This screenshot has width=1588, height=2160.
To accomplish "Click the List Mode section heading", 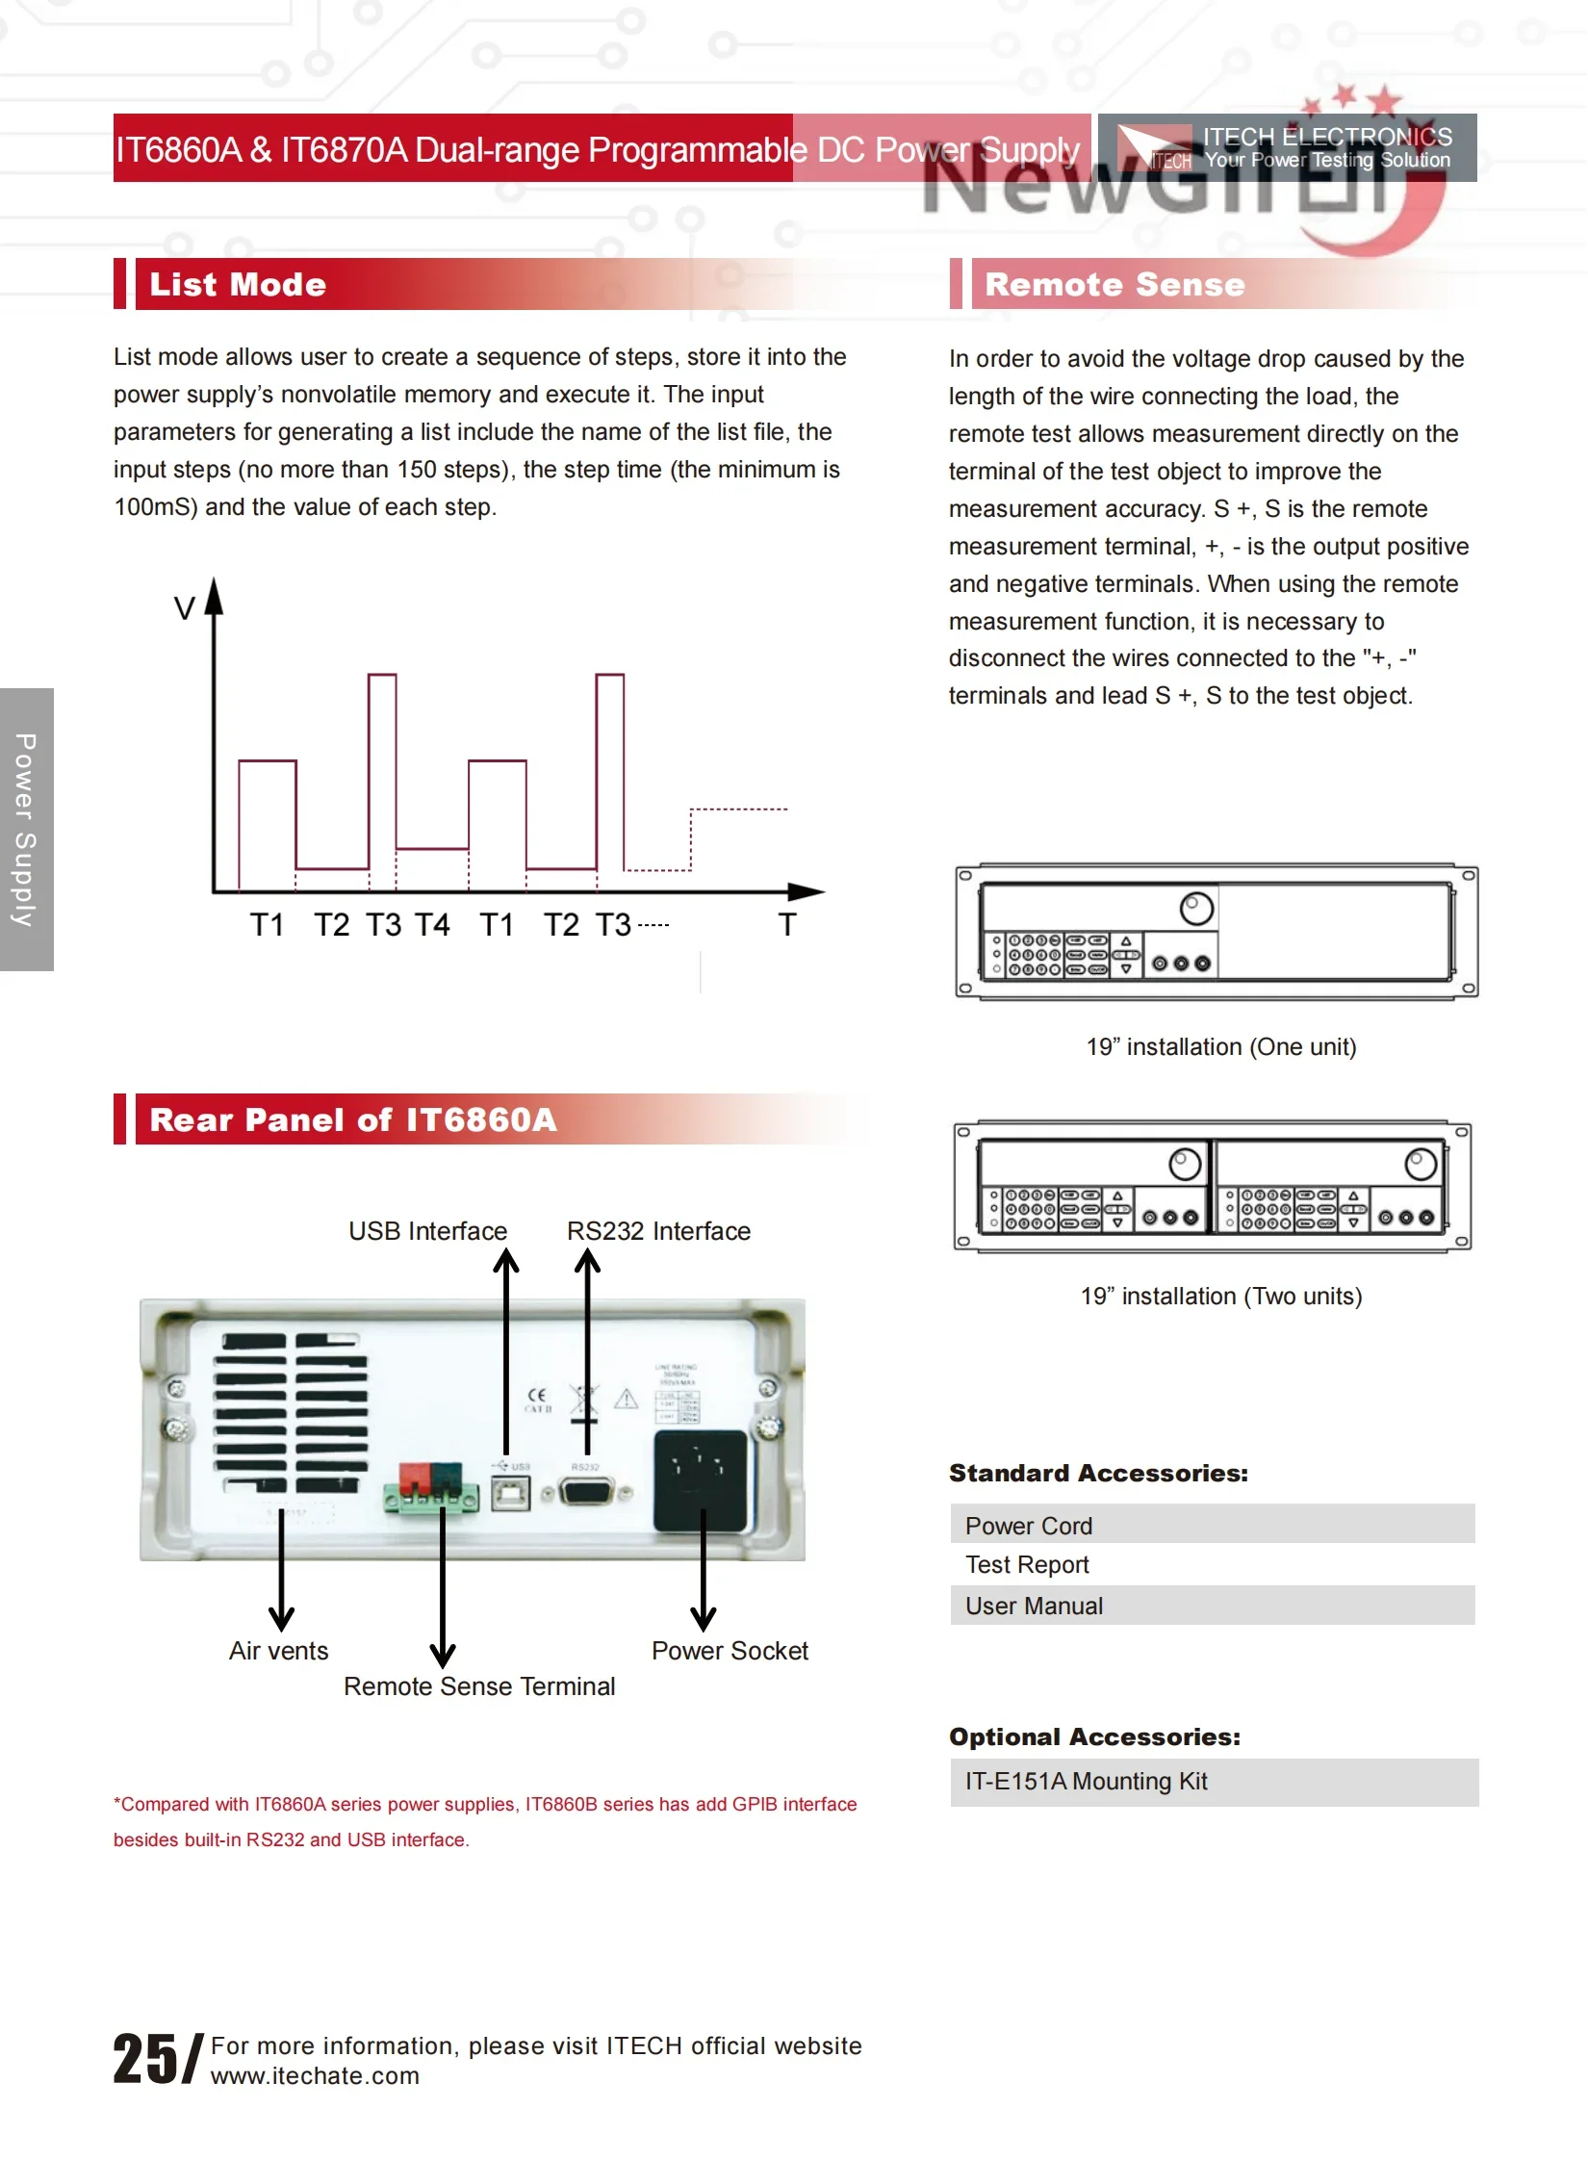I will [x=238, y=285].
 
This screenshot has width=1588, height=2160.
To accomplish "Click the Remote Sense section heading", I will [x=1114, y=285].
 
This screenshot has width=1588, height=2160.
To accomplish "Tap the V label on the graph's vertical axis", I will [x=184, y=608].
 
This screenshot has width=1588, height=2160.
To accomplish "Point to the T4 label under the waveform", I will [x=432, y=925].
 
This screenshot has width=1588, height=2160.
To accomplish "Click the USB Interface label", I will [x=427, y=1231].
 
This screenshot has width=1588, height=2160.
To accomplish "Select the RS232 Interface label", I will [x=658, y=1231].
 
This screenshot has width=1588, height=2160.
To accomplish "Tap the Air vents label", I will [x=278, y=1651].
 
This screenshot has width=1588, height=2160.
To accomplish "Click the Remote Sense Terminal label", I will [x=479, y=1686].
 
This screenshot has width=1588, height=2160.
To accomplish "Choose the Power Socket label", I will [x=730, y=1651].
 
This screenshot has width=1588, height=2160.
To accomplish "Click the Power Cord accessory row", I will [x=1212, y=1526].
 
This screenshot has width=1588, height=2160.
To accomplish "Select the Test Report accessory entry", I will [x=1027, y=1565].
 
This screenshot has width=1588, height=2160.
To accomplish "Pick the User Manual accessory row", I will [x=1212, y=1606].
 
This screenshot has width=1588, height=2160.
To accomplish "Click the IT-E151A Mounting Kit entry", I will [x=1212, y=1782].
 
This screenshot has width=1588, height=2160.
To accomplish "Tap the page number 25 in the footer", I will [x=145, y=2059].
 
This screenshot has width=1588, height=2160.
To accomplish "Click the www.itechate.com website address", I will [x=315, y=2075].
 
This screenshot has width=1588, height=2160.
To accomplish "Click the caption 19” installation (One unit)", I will [x=1220, y=1046].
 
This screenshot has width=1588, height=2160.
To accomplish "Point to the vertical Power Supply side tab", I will [x=26, y=830].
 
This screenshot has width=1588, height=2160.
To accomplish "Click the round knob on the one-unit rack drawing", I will [x=1196, y=909].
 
